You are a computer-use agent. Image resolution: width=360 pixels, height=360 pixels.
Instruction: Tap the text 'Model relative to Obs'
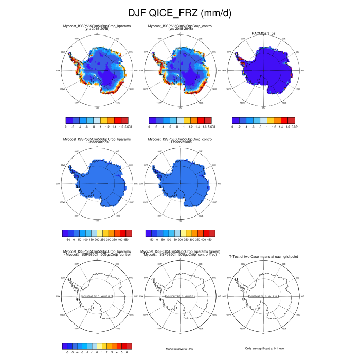tap(179, 349)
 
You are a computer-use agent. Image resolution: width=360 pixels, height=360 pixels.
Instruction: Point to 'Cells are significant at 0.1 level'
tap(263, 349)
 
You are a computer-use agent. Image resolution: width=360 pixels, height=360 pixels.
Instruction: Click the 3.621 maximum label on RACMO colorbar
tap(292, 125)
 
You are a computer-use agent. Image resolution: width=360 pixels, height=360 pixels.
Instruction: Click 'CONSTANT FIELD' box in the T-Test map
tap(263, 297)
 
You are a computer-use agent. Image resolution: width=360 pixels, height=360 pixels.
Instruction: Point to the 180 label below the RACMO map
tap(263, 108)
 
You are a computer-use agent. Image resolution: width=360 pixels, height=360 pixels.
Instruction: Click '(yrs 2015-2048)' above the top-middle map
tap(180, 29)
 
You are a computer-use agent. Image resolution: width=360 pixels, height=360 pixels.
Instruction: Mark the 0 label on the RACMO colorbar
tap(234, 125)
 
